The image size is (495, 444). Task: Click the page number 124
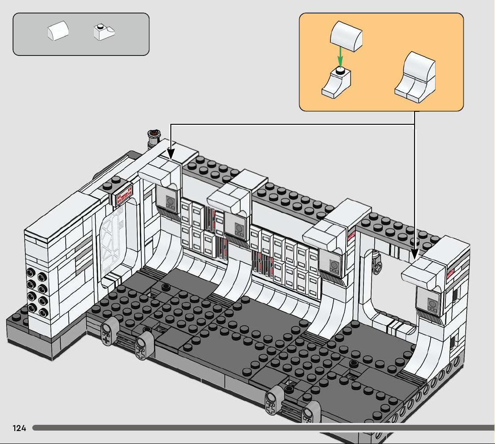pyautogui.click(x=19, y=428)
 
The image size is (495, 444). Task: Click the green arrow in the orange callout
pyautogui.click(x=340, y=56)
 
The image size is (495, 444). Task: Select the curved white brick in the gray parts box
pyautogui.click(x=58, y=30)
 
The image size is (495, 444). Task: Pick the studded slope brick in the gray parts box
pyautogui.click(x=104, y=33)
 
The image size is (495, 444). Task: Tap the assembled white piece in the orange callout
pyautogui.click(x=415, y=77)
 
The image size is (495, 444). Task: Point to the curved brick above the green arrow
pyautogui.click(x=346, y=36)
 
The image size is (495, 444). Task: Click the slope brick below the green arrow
pyautogui.click(x=336, y=83)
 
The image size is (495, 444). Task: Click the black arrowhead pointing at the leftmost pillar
pyautogui.click(x=170, y=154)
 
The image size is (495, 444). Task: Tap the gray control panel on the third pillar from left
pyautogui.click(x=331, y=262)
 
